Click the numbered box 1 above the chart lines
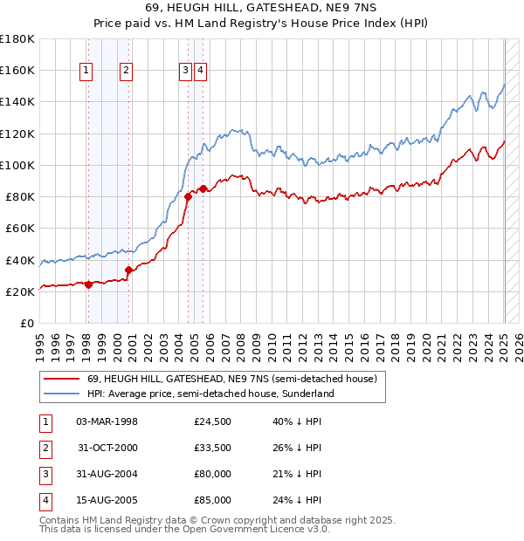coord(87,72)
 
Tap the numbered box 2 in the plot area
coord(127,72)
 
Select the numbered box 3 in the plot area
coord(186,72)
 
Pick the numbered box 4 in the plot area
coord(200,72)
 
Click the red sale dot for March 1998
coord(88,284)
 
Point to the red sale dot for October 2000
coord(128,270)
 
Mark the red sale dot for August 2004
coord(188,196)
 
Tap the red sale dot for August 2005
coord(203,188)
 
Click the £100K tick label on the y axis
coord(17,165)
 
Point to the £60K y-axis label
coord(20,228)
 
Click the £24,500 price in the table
coord(213,421)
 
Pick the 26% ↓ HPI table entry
coord(297,448)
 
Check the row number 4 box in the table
coord(44,500)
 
